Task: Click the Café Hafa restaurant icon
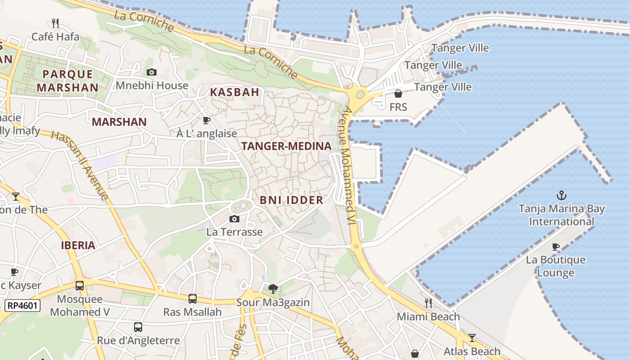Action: point(55,23)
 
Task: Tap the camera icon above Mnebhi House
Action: point(152,72)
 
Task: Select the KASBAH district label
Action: point(235,92)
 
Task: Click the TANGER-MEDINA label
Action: point(286,146)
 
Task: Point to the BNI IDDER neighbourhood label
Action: point(292,200)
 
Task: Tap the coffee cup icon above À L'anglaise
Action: point(207,120)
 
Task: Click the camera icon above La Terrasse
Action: point(234,219)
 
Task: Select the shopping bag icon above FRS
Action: point(398,94)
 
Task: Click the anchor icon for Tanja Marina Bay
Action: point(561,195)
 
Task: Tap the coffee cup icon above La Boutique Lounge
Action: point(556,247)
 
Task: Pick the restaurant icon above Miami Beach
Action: point(428,303)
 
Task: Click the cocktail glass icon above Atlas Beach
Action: point(472,338)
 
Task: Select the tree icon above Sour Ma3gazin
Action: point(273,289)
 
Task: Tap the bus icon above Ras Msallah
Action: point(192,298)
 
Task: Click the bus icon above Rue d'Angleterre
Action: point(138,327)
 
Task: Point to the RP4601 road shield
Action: point(22,306)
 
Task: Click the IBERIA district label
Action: point(78,245)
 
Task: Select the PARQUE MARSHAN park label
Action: point(67,81)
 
